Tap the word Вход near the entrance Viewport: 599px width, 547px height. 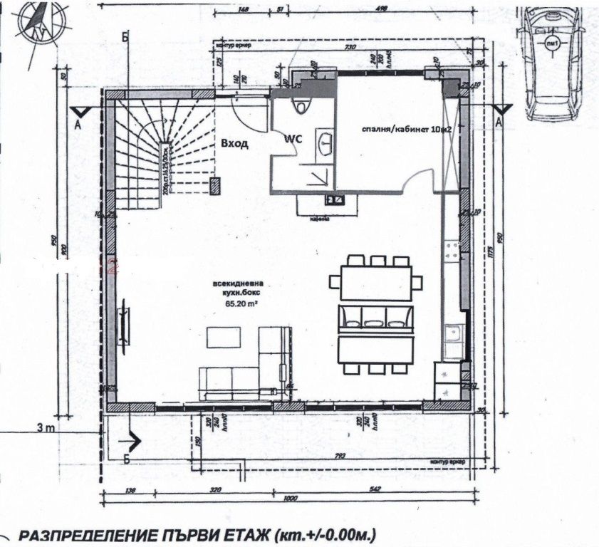click(x=234, y=144)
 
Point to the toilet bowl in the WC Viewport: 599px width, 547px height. click(x=303, y=105)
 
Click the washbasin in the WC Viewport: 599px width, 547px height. click(x=327, y=142)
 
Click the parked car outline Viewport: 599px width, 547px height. click(x=549, y=61)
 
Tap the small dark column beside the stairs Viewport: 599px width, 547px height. click(x=215, y=186)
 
